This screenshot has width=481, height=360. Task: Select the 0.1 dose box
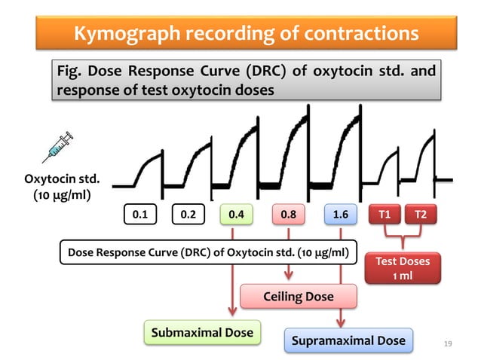tap(140, 215)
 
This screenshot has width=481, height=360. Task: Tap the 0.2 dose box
tap(188, 215)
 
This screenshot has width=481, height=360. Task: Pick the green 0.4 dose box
tap(236, 215)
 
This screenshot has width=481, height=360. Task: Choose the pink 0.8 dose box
tap(288, 215)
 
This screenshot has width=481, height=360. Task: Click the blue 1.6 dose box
tap(340, 215)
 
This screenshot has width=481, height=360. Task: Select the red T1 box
tap(384, 215)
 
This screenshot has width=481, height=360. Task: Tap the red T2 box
tap(421, 215)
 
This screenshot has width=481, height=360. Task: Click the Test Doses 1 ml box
tap(408, 268)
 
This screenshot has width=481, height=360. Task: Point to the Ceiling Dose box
tap(298, 297)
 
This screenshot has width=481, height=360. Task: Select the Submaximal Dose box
tap(202, 332)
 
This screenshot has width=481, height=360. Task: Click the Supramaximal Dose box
tap(349, 340)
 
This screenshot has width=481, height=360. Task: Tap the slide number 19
tap(449, 344)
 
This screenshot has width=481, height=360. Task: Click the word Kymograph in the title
tap(130, 33)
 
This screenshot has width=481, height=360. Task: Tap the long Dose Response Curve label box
tap(207, 252)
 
